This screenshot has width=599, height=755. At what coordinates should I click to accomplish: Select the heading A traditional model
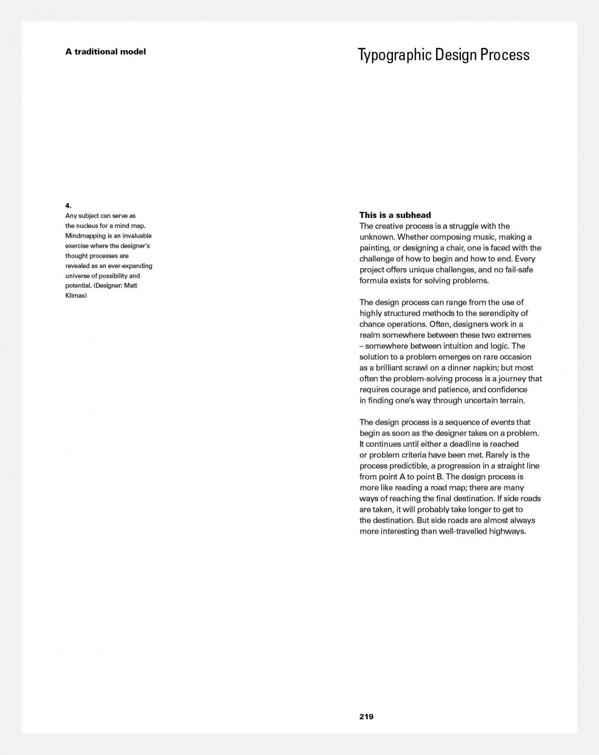106,51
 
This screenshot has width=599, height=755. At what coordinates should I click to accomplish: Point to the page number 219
366,716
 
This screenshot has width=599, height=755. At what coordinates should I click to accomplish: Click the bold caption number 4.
68,205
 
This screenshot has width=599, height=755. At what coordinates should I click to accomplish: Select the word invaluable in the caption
137,235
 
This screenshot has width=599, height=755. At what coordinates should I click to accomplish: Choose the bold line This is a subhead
395,215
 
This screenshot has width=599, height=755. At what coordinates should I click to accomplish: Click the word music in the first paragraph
483,237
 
